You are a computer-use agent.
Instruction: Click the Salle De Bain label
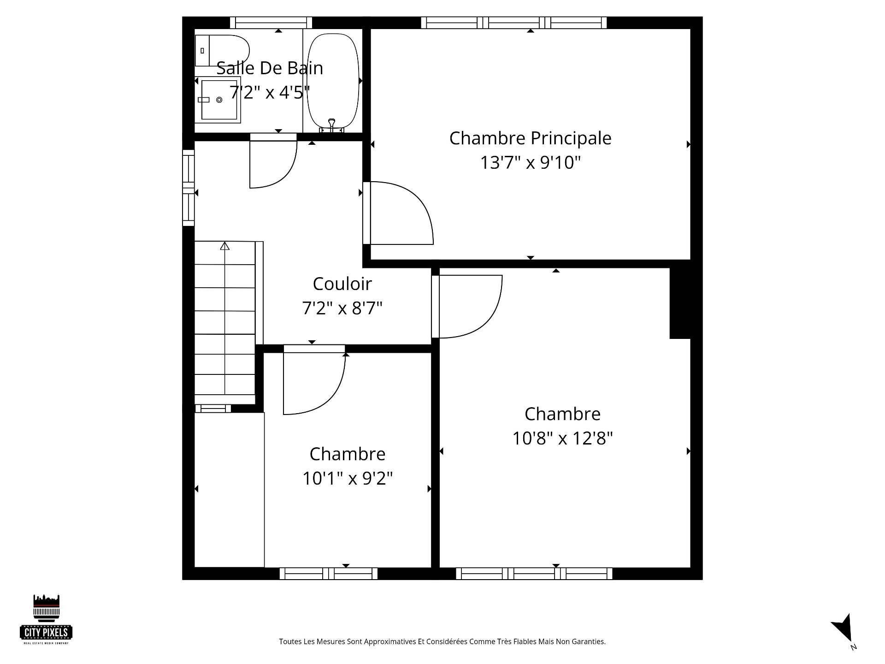pos(270,68)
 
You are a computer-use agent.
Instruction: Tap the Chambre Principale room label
pos(530,138)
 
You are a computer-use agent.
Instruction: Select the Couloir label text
pos(342,284)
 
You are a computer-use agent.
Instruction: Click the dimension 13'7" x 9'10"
pos(530,162)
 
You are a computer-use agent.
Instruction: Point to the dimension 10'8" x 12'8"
pos(562,438)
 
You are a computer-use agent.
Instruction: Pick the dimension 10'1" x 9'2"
pos(348,478)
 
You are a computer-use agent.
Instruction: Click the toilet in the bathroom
pos(222,50)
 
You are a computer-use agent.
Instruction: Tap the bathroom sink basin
pos(219,100)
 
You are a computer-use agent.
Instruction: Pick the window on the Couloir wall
pos(189,188)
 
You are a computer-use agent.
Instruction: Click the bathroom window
pos(271,23)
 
